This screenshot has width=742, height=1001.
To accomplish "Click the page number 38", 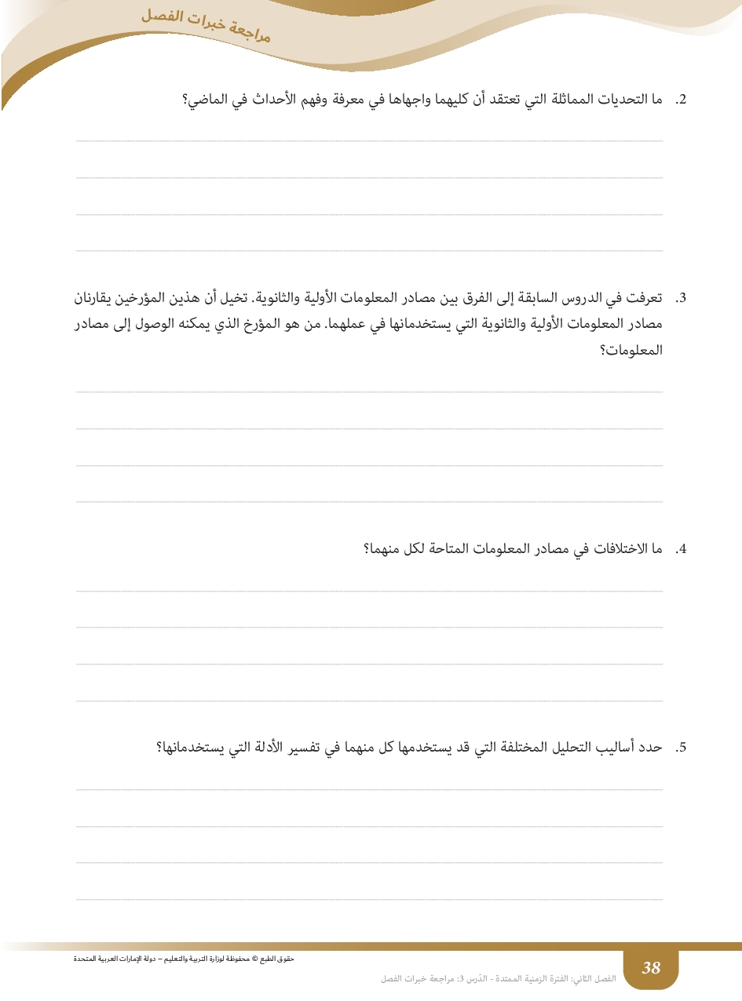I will [x=651, y=968].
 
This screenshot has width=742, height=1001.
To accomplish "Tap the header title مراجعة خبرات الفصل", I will [x=207, y=24].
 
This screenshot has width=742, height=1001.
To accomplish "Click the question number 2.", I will [x=682, y=100].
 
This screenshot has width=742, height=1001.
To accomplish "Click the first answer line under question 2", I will [x=369, y=141].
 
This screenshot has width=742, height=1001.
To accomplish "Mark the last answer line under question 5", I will [x=369, y=899].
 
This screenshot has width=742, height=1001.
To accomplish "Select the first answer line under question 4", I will [x=369, y=591].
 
